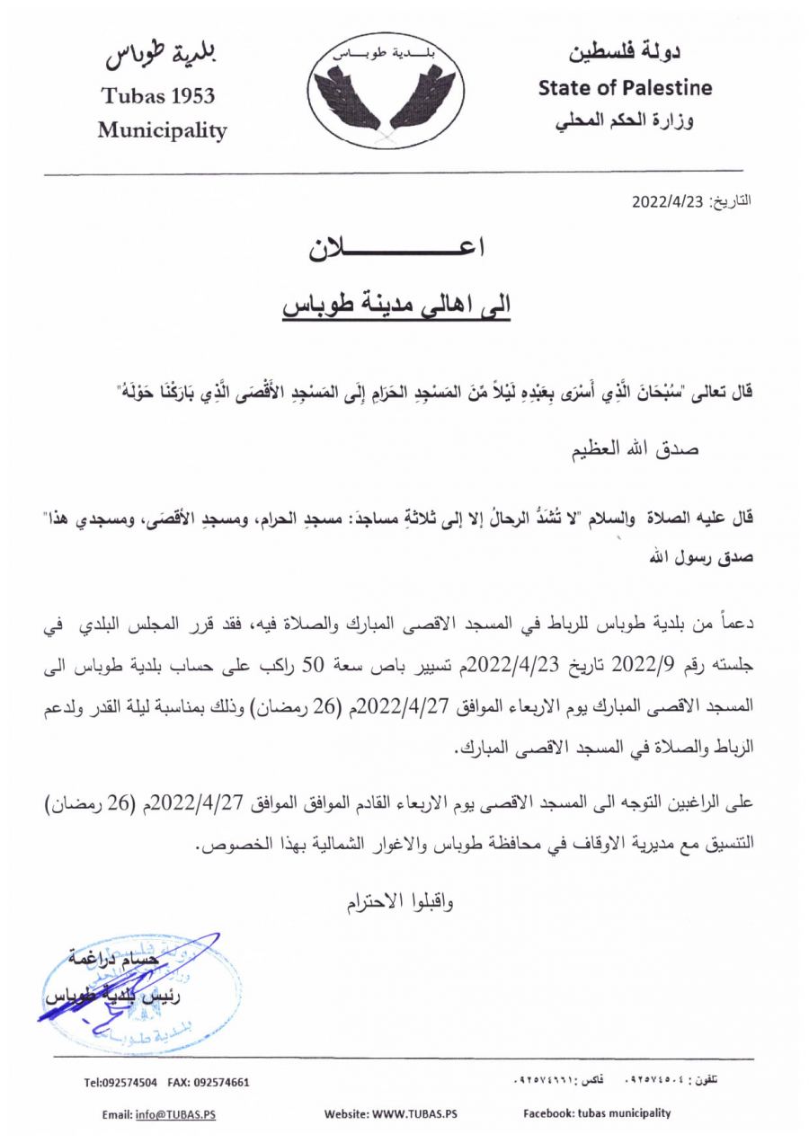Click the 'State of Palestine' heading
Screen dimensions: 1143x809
625,88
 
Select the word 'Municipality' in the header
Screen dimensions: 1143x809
162,130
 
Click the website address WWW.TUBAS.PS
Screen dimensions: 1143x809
413,1114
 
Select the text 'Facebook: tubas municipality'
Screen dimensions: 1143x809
597,1113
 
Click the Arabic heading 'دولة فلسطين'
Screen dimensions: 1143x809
625,53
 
